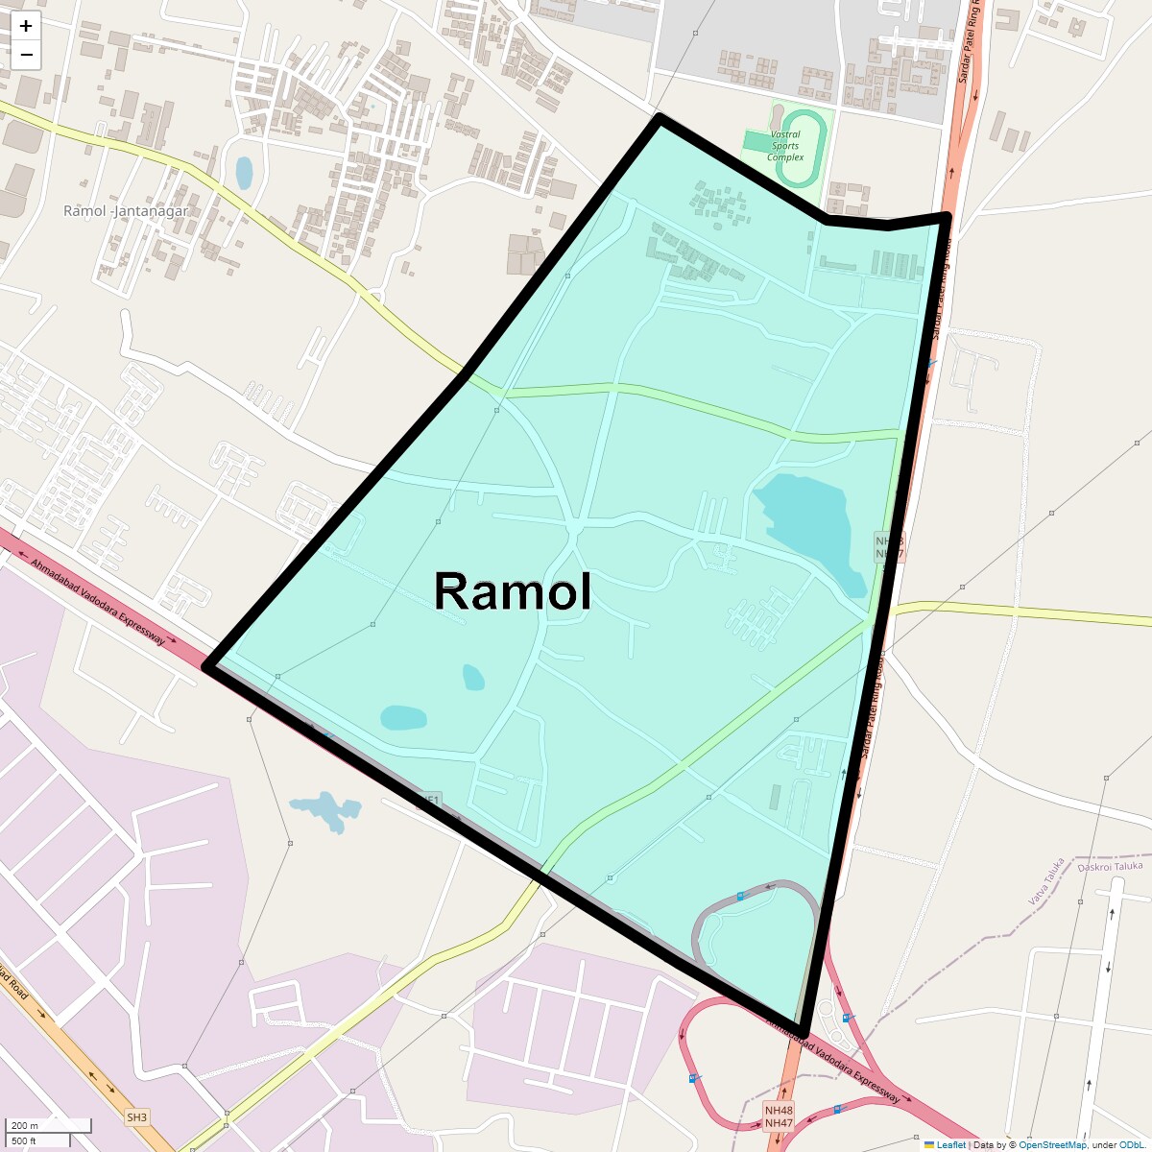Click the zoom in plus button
(26, 26)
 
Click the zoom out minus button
(26, 55)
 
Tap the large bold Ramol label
(513, 590)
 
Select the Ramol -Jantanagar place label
(126, 211)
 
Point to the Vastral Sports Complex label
(785, 146)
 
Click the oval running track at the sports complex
(803, 149)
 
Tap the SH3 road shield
(136, 1117)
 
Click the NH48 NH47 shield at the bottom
(779, 1116)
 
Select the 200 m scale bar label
(26, 1126)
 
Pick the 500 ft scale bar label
(24, 1140)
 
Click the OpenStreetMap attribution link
(1052, 1144)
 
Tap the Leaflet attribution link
(950, 1144)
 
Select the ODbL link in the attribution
(1131, 1144)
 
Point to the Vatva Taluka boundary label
(1046, 881)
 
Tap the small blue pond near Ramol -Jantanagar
(244, 173)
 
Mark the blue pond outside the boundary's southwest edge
(326, 808)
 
